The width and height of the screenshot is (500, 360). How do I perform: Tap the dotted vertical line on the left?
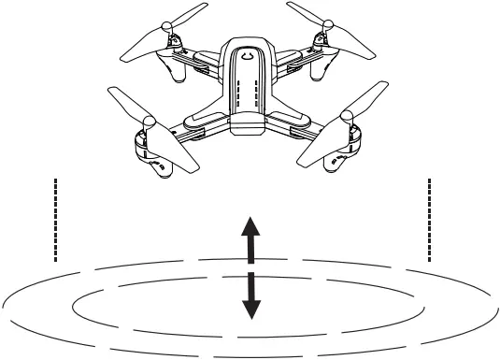(x=56, y=218)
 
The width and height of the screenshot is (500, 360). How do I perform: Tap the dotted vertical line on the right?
(x=429, y=218)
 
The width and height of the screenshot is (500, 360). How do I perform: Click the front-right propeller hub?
(x=347, y=118)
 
